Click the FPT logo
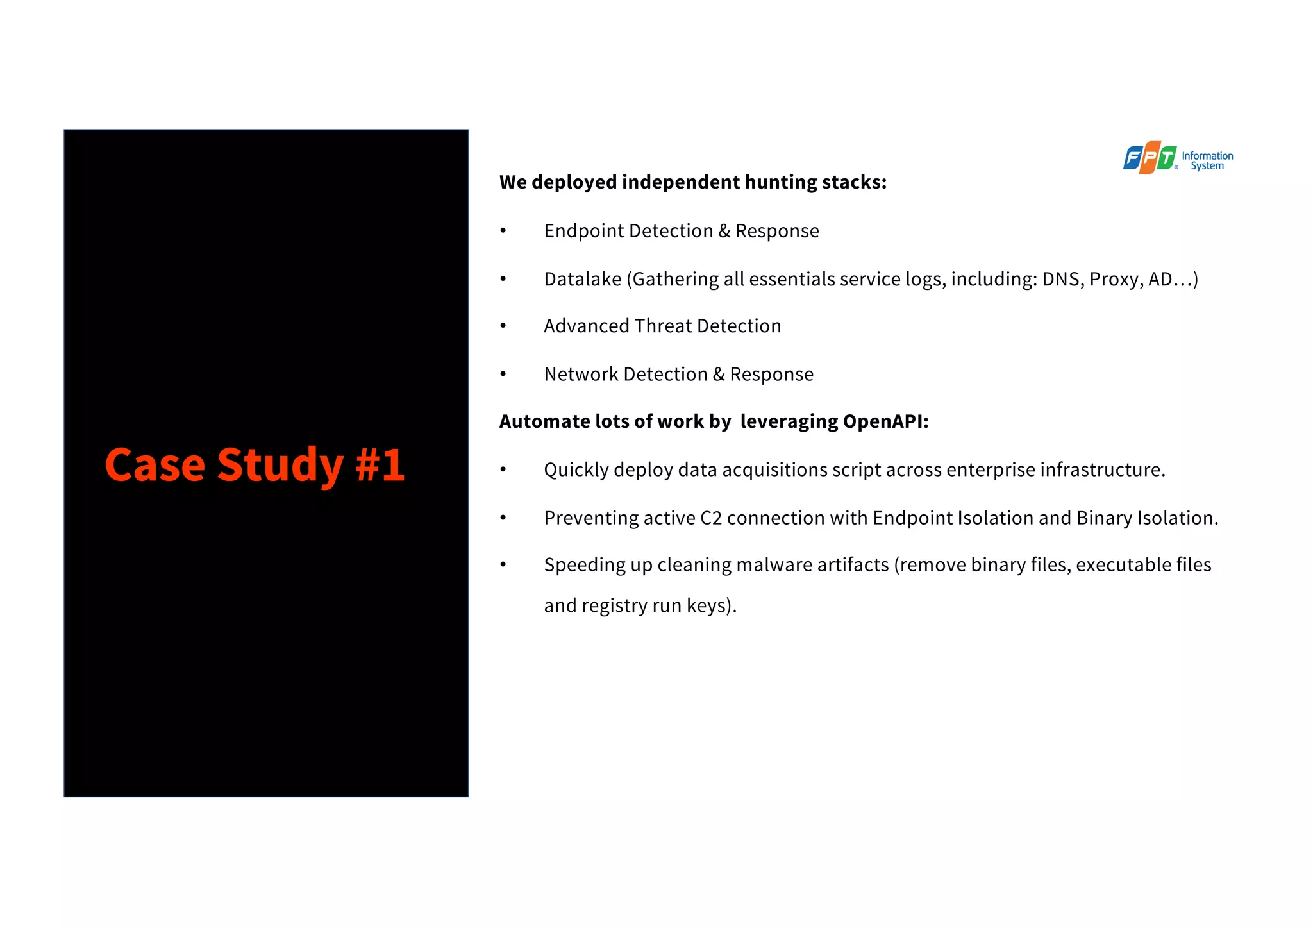(x=1150, y=158)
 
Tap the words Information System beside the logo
(x=1207, y=160)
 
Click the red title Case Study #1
(x=255, y=464)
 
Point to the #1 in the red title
(x=380, y=464)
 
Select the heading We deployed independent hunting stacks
(x=692, y=182)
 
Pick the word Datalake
(x=582, y=279)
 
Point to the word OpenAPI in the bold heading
(x=885, y=421)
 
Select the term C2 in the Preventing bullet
(x=710, y=518)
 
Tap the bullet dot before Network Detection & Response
(x=503, y=374)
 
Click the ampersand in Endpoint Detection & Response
(x=724, y=231)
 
